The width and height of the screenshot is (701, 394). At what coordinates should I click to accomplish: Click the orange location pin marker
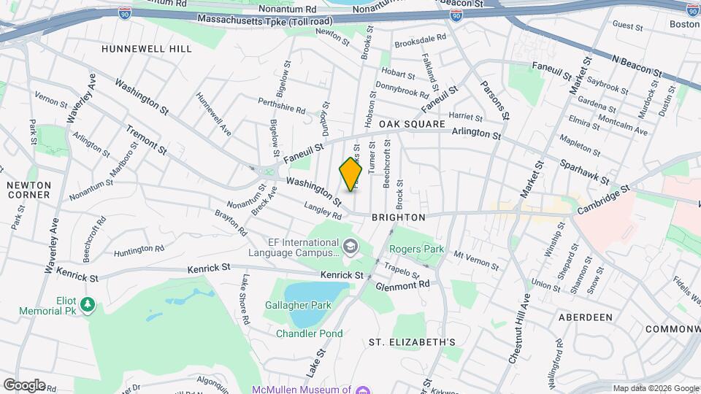click(351, 174)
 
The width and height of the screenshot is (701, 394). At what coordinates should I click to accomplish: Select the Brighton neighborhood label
click(398, 217)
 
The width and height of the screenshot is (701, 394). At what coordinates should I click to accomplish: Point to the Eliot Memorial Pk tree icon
click(88, 304)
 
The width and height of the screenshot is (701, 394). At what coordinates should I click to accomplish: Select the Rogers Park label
click(416, 249)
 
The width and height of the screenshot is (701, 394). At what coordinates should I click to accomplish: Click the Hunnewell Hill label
click(147, 49)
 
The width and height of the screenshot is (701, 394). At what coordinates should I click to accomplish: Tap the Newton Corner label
click(28, 190)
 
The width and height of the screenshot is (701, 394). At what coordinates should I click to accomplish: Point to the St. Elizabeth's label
click(412, 341)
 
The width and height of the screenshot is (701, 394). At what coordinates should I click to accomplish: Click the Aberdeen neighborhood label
click(584, 317)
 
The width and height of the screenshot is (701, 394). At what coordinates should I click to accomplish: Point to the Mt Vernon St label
click(475, 259)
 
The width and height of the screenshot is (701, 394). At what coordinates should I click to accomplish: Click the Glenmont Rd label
click(401, 285)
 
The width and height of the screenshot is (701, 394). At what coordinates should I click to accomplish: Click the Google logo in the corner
click(24, 385)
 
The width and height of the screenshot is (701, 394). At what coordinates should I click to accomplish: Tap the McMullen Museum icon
click(363, 390)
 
